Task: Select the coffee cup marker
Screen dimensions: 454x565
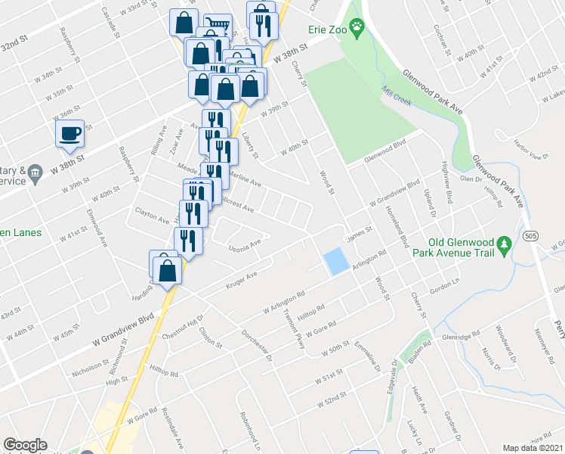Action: click(70, 134)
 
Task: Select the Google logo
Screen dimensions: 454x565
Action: click(25, 446)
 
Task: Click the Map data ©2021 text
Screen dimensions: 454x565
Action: click(533, 448)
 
